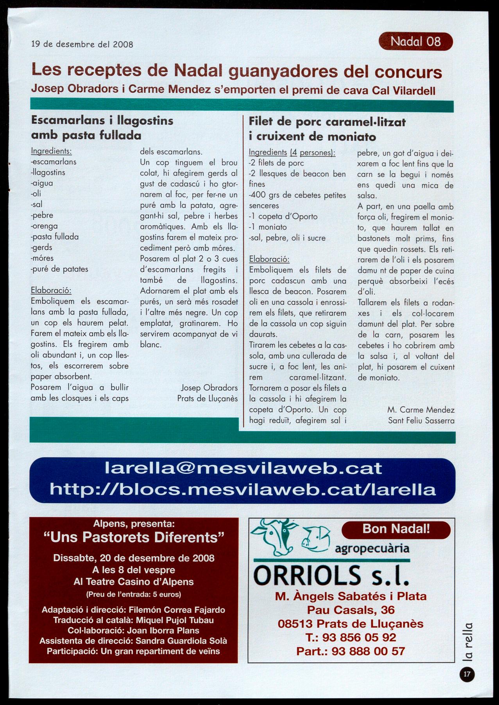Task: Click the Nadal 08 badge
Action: [x=415, y=41]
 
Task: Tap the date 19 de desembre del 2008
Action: [x=82, y=44]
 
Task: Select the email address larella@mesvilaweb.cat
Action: [x=243, y=468]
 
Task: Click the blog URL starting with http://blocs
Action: [x=242, y=489]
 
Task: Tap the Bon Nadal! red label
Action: [x=396, y=529]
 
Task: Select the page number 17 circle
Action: [x=467, y=674]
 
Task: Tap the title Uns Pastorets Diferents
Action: [x=134, y=538]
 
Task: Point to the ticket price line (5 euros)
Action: [x=134, y=594]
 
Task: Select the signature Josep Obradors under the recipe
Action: [x=209, y=387]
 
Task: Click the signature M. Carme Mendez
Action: [x=421, y=410]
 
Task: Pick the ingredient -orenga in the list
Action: [x=45, y=226]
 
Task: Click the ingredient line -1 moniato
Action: [x=268, y=227]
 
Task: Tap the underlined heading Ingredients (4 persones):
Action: [x=292, y=152]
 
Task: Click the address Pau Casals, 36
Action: [x=351, y=610]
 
